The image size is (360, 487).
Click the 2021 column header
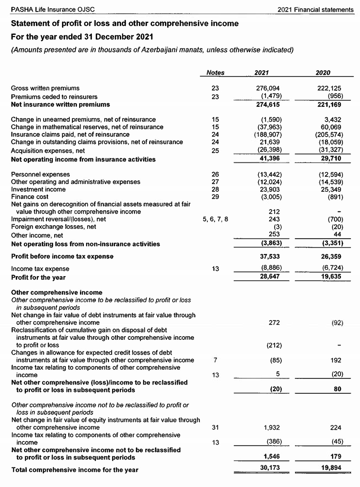pos(261,73)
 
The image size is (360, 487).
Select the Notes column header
pos(215,73)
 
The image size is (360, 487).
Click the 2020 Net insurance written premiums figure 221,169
pos(331,105)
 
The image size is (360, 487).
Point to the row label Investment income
pos(38,189)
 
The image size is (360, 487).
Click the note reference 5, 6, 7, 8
pos(215,219)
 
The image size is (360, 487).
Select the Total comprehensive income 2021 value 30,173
pos(270,468)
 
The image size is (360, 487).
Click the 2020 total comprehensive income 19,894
pos(330,468)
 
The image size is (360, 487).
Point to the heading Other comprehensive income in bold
pos(57,292)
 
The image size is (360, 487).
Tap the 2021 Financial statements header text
pos(316,10)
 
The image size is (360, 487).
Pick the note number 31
pos(215,428)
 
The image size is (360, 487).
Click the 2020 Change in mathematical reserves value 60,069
pos(331,127)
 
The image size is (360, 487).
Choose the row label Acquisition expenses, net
pos(48,151)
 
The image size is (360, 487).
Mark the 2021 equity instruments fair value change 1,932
pos(272,428)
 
